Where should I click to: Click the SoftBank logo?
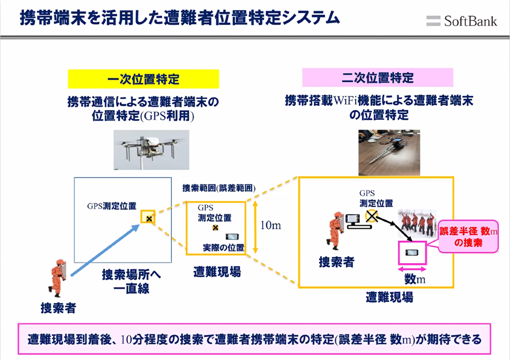pyautogui.click(x=461, y=21)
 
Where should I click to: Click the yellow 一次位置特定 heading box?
pyautogui.click(x=143, y=79)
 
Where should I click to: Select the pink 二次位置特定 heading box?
pyautogui.click(x=378, y=77)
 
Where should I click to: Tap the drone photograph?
pyautogui.click(x=150, y=150)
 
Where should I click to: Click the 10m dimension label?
pyautogui.click(x=271, y=225)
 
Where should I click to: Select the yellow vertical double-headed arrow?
pyautogui.click(x=256, y=225)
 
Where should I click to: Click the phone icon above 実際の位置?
pyautogui.click(x=233, y=237)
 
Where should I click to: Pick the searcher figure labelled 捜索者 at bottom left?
pyautogui.click(x=58, y=276)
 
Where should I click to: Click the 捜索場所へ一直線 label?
pyautogui.click(x=131, y=281)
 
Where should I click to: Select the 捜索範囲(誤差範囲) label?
pyautogui.click(x=218, y=188)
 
